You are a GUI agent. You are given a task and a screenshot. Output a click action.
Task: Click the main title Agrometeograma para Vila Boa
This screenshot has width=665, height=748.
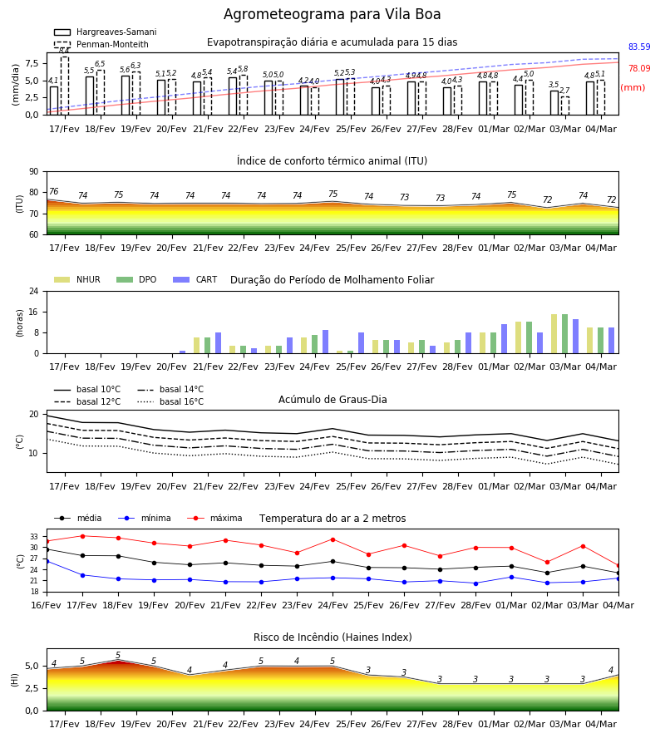[x=332, y=14]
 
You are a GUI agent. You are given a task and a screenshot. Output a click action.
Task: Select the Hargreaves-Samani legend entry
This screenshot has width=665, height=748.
[x=106, y=32]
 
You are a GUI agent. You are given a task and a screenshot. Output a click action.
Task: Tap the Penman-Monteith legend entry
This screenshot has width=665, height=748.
[x=101, y=44]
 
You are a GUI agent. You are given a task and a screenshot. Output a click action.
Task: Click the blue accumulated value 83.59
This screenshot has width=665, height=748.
[x=639, y=47]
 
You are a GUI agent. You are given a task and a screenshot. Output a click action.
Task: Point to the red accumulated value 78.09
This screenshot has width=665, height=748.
[x=639, y=68]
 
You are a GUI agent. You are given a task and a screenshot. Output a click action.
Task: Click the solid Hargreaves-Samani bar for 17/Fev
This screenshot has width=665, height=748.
[x=54, y=101]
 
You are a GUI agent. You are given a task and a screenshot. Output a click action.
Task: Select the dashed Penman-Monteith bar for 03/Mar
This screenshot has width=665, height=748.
[x=564, y=106]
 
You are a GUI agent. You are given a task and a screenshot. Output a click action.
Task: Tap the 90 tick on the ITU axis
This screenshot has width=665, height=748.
[x=34, y=172]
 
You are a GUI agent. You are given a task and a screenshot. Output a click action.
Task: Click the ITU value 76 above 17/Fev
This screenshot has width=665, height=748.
[x=53, y=191]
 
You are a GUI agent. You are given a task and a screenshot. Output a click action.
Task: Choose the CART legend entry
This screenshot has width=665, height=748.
[x=195, y=279]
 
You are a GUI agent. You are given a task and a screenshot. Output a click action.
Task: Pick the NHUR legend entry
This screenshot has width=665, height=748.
[x=77, y=279]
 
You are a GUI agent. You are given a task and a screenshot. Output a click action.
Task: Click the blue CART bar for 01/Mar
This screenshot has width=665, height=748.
[x=505, y=339]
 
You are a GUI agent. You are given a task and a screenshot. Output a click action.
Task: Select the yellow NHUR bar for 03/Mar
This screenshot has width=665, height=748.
[x=554, y=334]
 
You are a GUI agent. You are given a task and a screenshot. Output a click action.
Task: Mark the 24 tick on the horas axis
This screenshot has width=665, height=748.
[x=34, y=291]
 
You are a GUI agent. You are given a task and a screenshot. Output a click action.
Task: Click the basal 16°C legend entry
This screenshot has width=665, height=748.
[x=170, y=401]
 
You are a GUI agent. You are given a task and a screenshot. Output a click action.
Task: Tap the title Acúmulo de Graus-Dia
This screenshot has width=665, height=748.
[x=332, y=399]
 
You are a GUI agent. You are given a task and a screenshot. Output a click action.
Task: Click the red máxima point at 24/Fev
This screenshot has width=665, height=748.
[x=333, y=539]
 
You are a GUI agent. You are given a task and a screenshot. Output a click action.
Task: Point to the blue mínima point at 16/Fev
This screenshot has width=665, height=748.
[x=47, y=562]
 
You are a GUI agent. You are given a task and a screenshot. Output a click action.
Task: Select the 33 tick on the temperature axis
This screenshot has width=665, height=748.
[x=34, y=537]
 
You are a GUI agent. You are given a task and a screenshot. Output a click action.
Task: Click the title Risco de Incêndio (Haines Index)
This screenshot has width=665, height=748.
[x=332, y=637]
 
